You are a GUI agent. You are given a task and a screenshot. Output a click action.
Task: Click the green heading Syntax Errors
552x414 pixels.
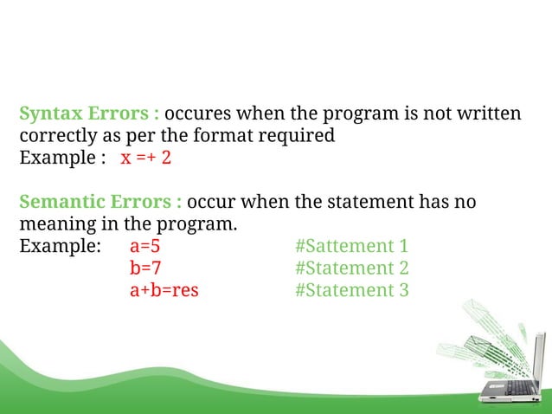(89, 114)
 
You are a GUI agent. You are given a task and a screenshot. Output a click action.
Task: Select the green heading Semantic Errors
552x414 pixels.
(99, 203)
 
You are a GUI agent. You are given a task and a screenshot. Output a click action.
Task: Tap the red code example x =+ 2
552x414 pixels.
(145, 158)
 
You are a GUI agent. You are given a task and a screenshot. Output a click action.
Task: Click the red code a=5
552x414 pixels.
(145, 246)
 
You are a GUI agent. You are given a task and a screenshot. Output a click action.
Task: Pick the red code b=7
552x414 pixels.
(145, 268)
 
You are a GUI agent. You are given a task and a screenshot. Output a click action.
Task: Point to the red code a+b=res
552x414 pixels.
(164, 290)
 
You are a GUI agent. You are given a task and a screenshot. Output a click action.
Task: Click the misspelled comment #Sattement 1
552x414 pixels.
(350, 246)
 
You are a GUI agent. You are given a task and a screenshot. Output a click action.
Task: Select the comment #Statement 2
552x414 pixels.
(350, 268)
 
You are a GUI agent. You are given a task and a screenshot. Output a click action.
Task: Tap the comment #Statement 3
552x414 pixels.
(350, 290)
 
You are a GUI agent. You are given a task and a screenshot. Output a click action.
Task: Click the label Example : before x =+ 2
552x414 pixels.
(61, 158)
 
